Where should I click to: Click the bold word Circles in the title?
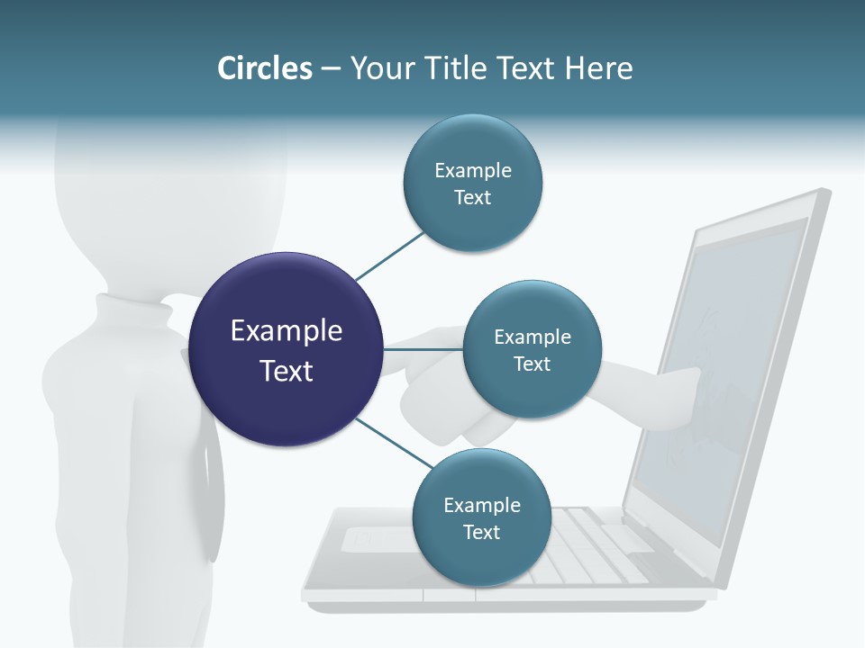264,68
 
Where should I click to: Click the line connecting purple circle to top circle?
389,256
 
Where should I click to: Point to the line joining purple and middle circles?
423,349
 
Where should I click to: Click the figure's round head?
171,198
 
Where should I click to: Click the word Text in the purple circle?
287,371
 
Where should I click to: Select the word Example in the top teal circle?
472,171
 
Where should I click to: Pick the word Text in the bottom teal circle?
481,532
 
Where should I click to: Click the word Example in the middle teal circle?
532,337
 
